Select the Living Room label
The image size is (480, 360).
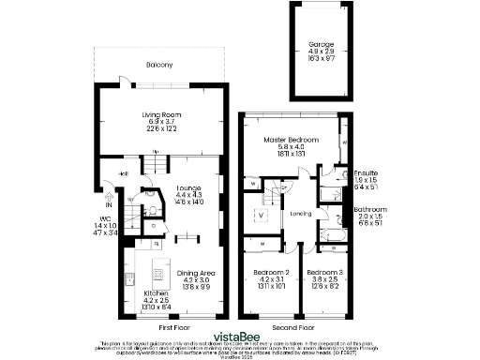click(161, 114)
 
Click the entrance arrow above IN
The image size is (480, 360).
click(109, 197)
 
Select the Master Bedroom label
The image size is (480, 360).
click(285, 139)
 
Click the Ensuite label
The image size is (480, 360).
click(366, 173)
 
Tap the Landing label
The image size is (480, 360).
click(300, 213)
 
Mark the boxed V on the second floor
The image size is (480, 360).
click(262, 215)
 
